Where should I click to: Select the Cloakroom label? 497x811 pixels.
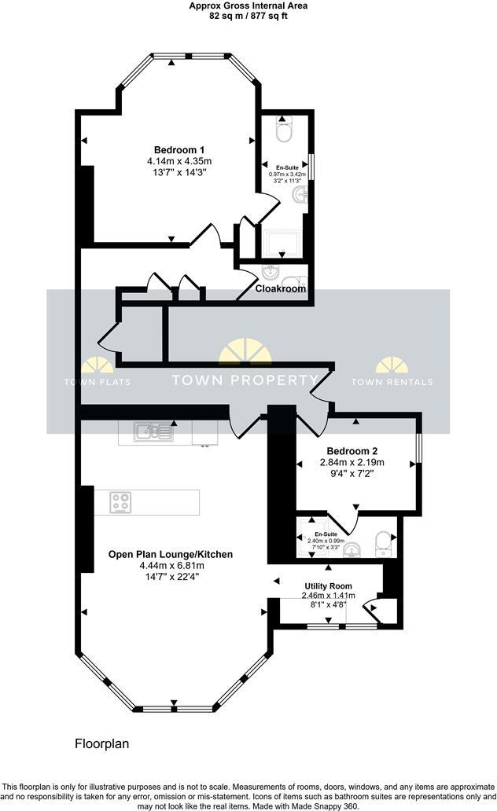coord(281,289)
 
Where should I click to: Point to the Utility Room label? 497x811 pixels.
coord(329,586)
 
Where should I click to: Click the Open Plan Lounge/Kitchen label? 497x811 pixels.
coord(171,554)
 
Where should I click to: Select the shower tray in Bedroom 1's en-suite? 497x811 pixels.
coord(283,244)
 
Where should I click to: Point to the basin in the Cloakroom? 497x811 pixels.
coord(270,272)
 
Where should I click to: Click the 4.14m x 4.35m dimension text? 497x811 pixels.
coord(179,161)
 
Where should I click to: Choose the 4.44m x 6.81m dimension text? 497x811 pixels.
coord(171,565)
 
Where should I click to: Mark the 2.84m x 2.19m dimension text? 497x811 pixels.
coord(353,463)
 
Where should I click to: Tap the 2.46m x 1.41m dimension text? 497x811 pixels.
coord(329,596)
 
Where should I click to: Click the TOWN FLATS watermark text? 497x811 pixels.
coord(97,382)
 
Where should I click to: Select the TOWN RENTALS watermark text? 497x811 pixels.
coord(392,382)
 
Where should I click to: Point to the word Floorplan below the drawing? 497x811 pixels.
coord(101,743)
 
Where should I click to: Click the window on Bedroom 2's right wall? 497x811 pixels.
coord(418,453)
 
